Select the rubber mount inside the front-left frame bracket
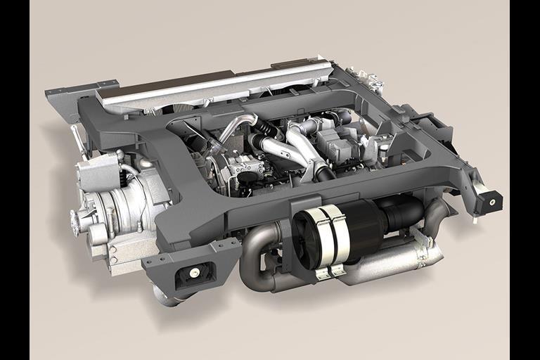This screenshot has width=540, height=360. point(191,274)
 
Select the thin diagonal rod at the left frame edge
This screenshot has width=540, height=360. point(79,141)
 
